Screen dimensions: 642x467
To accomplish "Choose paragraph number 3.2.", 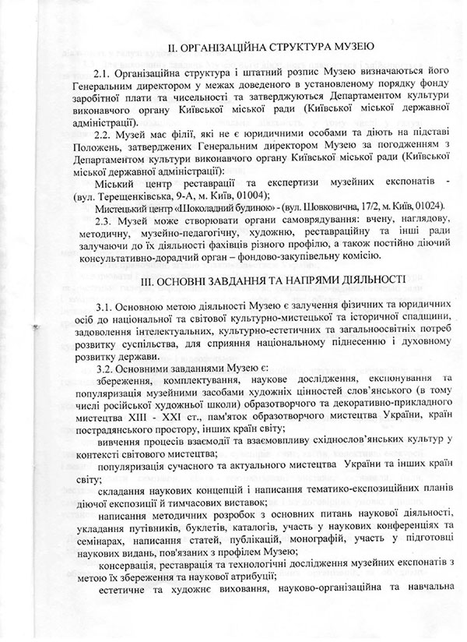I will [106, 367].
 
